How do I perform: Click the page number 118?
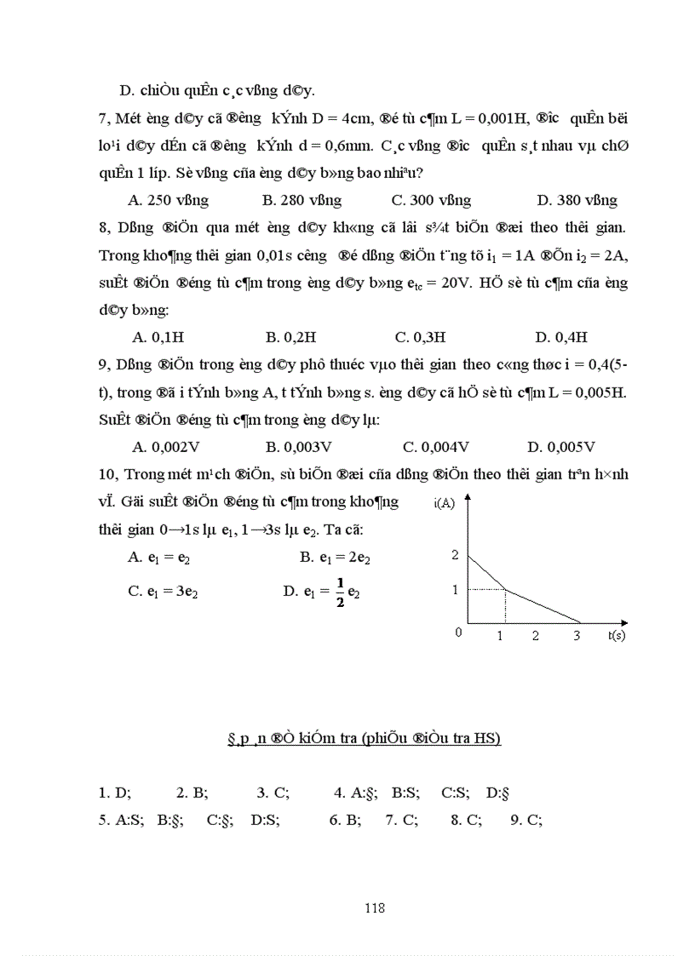click(x=375, y=907)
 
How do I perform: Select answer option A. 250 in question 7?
click(x=168, y=201)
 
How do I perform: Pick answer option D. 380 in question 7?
click(x=577, y=201)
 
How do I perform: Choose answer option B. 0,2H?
click(x=296, y=337)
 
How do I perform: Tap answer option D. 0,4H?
click(x=561, y=337)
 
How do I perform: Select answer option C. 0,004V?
click(x=436, y=446)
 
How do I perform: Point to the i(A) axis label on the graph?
click(x=445, y=503)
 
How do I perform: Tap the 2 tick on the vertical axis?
click(x=455, y=555)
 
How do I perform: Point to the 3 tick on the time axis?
click(x=576, y=635)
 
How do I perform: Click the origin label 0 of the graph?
click(x=458, y=632)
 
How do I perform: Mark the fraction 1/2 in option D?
click(x=340, y=591)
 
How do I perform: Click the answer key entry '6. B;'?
click(x=345, y=821)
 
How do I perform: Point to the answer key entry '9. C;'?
click(x=526, y=821)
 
